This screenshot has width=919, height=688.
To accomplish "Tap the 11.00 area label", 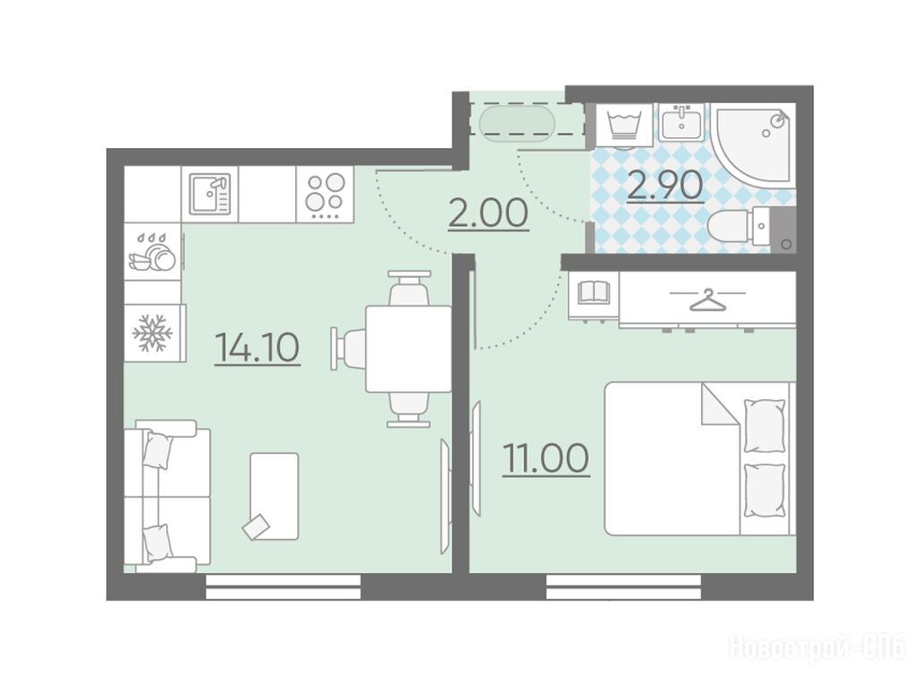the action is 546,458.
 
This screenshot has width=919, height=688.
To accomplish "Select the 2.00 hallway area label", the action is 488,213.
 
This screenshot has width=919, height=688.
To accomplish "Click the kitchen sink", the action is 210,194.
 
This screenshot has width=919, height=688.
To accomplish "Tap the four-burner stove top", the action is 325,194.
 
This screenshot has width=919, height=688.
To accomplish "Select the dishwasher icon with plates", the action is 153,253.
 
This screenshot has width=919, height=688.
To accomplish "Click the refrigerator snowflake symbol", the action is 153,333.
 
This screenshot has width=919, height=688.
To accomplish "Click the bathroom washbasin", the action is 681,123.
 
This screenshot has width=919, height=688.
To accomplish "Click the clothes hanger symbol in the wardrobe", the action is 707,300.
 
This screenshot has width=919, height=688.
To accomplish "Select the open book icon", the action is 594,292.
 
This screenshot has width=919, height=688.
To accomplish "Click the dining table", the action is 408,349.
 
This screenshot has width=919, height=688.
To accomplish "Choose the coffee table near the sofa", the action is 275,496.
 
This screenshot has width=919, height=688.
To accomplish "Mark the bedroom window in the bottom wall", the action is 624,586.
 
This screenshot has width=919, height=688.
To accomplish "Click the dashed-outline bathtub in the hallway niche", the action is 516,124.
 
